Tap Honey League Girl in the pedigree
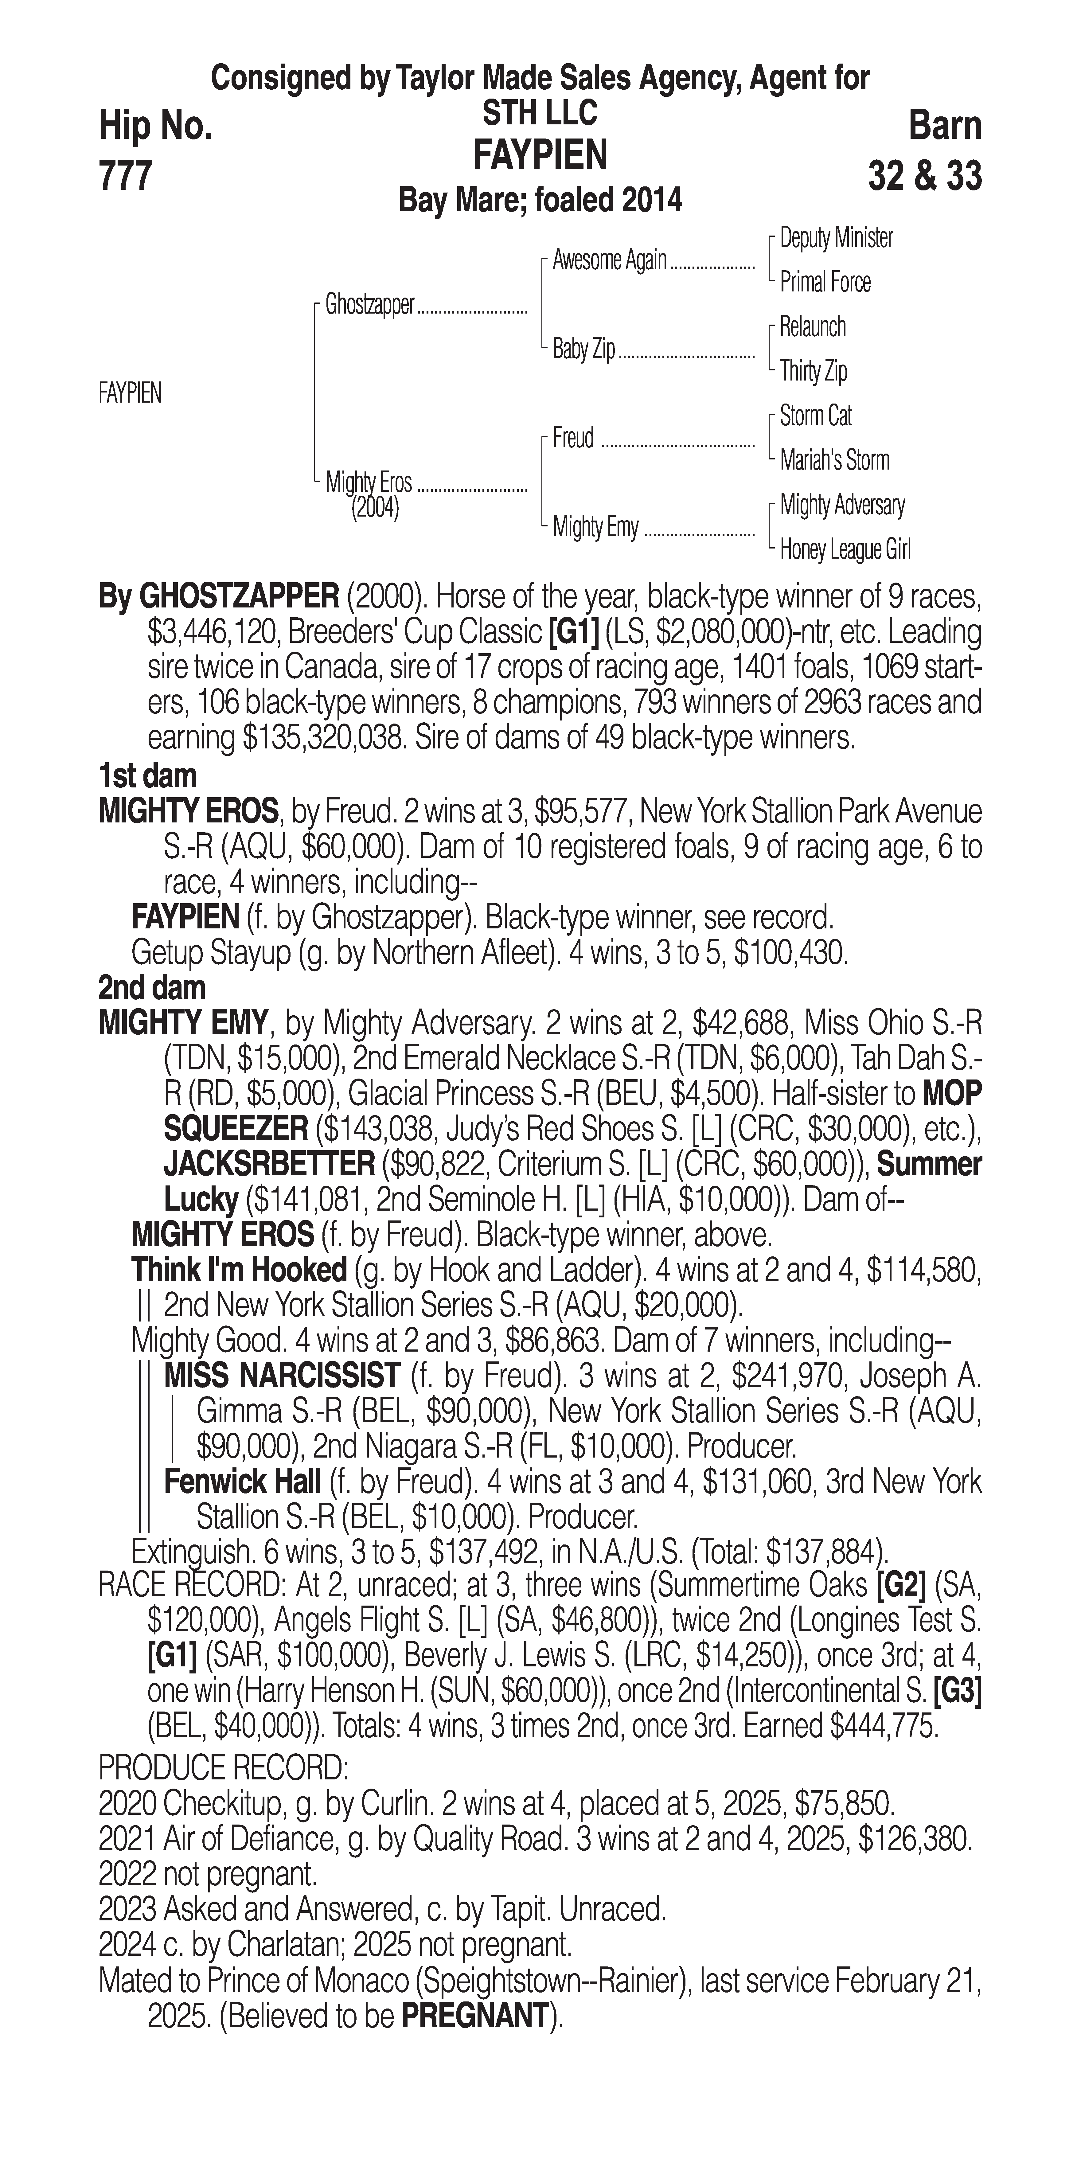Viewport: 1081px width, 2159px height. point(845,550)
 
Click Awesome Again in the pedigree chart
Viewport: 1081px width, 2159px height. point(609,261)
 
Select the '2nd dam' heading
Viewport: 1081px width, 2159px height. point(152,987)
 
